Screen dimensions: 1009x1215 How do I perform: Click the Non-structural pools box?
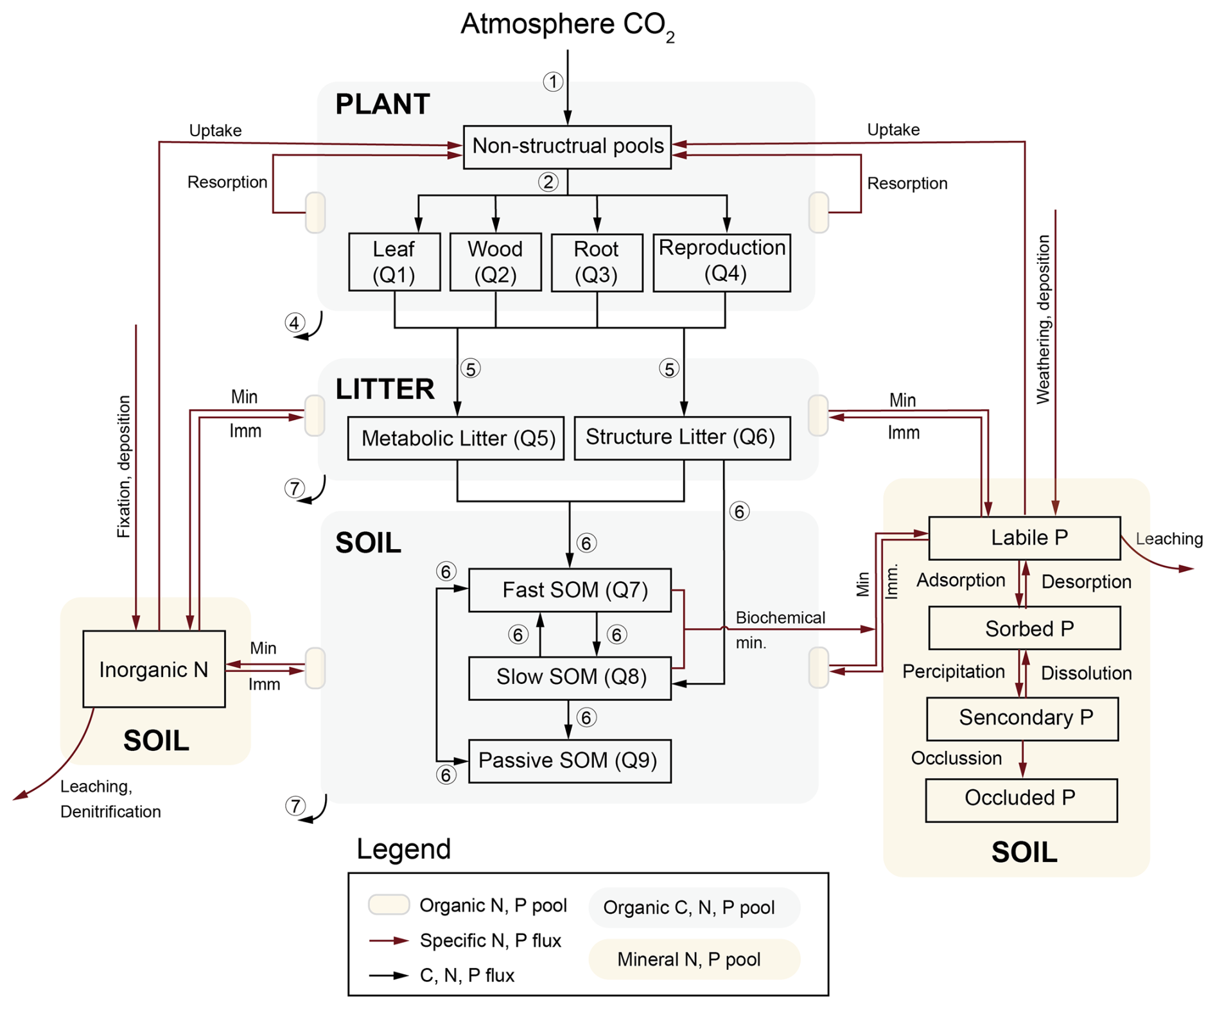567,146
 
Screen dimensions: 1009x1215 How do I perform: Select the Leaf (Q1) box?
394,262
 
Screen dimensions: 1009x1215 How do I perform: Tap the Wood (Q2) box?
495,262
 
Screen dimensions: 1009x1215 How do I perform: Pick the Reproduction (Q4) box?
722,262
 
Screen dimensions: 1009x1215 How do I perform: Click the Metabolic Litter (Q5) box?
456,438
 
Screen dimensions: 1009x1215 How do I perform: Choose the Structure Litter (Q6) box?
682,437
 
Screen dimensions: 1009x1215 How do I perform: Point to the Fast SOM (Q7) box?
570,590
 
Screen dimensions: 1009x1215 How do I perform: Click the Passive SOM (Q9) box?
570,761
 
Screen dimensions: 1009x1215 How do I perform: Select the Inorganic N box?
154,669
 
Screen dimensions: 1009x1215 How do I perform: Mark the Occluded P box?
1021,800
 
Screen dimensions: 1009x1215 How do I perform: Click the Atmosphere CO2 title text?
567,26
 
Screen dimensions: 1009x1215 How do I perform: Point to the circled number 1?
553,82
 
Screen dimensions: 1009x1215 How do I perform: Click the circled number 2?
548,182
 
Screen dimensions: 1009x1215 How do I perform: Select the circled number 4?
295,322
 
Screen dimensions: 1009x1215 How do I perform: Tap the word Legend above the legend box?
403,849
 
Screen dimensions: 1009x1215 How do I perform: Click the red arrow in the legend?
389,941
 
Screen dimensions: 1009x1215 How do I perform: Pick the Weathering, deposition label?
1043,319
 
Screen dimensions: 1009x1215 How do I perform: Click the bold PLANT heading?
383,104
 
